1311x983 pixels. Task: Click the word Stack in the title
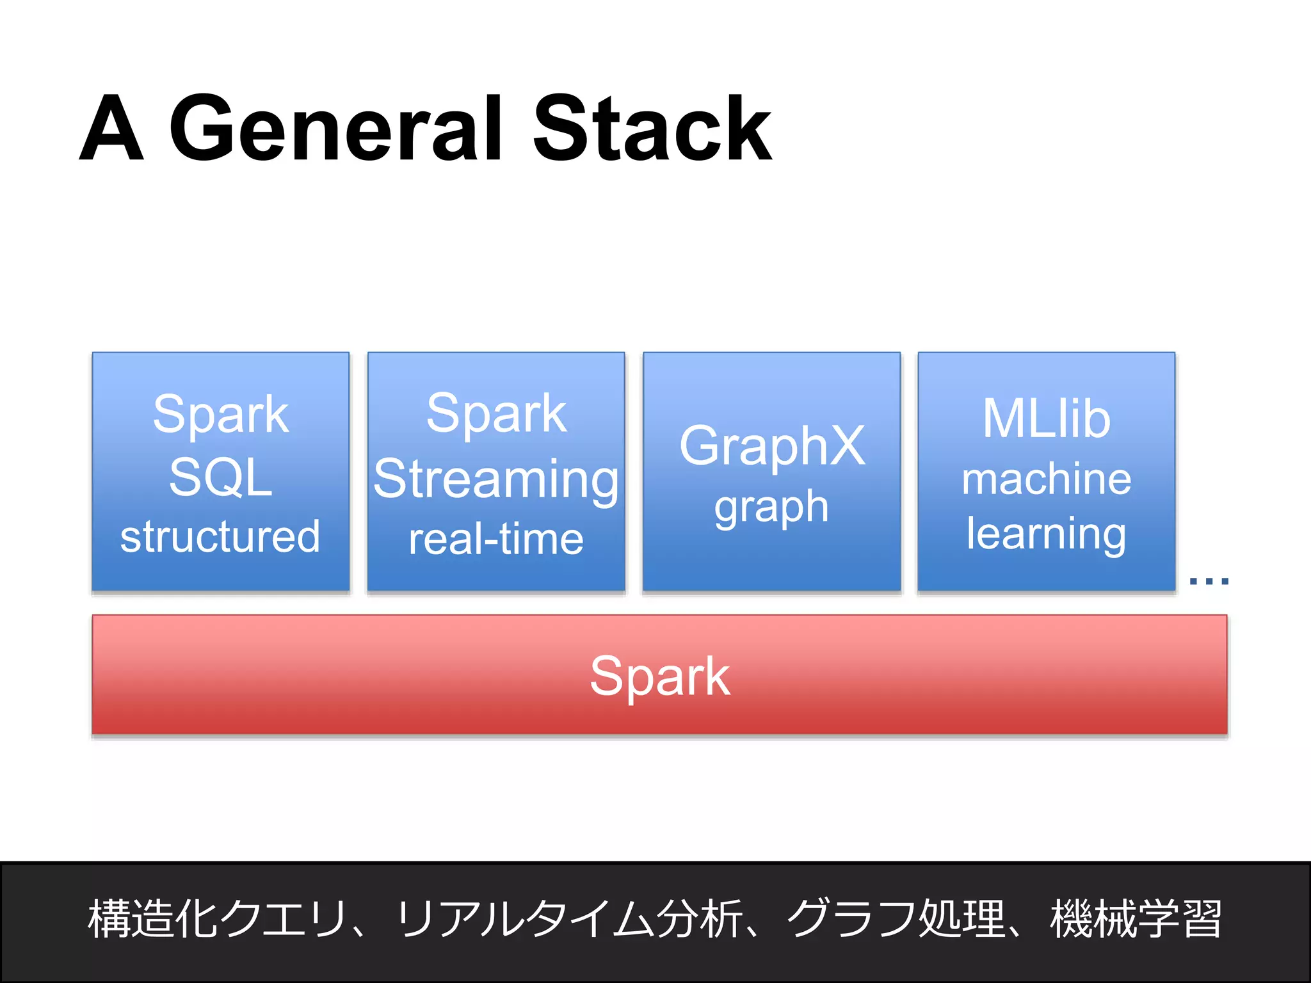(652, 128)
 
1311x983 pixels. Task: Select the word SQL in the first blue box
(221, 477)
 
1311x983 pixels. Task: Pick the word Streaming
(496, 480)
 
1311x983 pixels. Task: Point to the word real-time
(496, 539)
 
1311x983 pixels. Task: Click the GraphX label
(772, 445)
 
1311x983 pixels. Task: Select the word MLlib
(1047, 419)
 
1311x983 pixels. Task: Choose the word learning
(1047, 534)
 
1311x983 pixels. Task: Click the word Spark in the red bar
(659, 676)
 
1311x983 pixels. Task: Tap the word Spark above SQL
(221, 415)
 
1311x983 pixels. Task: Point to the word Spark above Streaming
(496, 413)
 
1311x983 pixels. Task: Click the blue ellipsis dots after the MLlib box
(1209, 581)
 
